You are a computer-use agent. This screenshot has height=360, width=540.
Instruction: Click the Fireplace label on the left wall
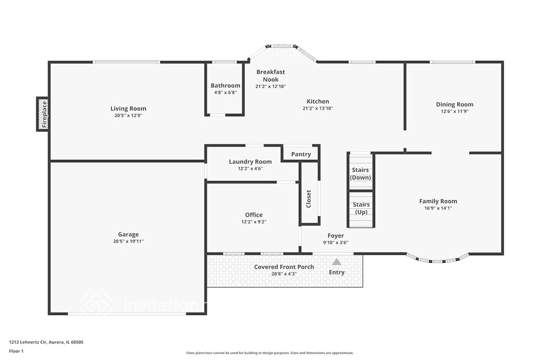pyautogui.click(x=44, y=114)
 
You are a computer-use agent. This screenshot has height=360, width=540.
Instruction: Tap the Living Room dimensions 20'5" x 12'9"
pyautogui.click(x=128, y=115)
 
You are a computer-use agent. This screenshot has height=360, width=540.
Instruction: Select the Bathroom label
pyautogui.click(x=226, y=86)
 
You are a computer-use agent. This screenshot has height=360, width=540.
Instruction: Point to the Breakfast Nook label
pyautogui.click(x=271, y=76)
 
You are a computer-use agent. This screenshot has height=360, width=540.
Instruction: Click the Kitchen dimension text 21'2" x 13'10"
pyautogui.click(x=317, y=109)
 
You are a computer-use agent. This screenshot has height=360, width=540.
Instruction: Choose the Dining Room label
pyautogui.click(x=455, y=104)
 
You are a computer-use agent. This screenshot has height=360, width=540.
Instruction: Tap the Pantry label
pyautogui.click(x=301, y=154)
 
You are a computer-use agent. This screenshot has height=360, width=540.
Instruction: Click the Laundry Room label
pyautogui.click(x=250, y=162)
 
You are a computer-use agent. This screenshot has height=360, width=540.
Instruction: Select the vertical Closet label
pyautogui.click(x=308, y=199)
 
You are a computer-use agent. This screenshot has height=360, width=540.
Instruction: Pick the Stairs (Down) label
pyautogui.click(x=361, y=174)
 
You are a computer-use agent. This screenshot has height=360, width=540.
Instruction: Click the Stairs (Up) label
pyautogui.click(x=361, y=208)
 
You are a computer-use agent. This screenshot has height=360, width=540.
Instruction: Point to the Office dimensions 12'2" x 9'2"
pyautogui.click(x=254, y=222)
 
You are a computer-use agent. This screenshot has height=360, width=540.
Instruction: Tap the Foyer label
pyautogui.click(x=336, y=236)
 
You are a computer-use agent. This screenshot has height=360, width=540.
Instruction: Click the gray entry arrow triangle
pyautogui.click(x=336, y=262)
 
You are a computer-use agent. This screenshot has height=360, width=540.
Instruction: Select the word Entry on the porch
pyautogui.click(x=336, y=273)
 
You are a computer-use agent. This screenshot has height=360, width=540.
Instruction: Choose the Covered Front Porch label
pyautogui.click(x=284, y=267)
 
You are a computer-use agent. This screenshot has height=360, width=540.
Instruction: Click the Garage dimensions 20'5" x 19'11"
pyautogui.click(x=128, y=241)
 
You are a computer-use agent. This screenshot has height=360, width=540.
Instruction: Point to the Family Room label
pyautogui.click(x=438, y=201)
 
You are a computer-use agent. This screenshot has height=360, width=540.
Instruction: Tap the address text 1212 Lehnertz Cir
pyautogui.click(x=28, y=342)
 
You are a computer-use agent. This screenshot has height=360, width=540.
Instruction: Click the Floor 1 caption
pyautogui.click(x=16, y=352)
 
